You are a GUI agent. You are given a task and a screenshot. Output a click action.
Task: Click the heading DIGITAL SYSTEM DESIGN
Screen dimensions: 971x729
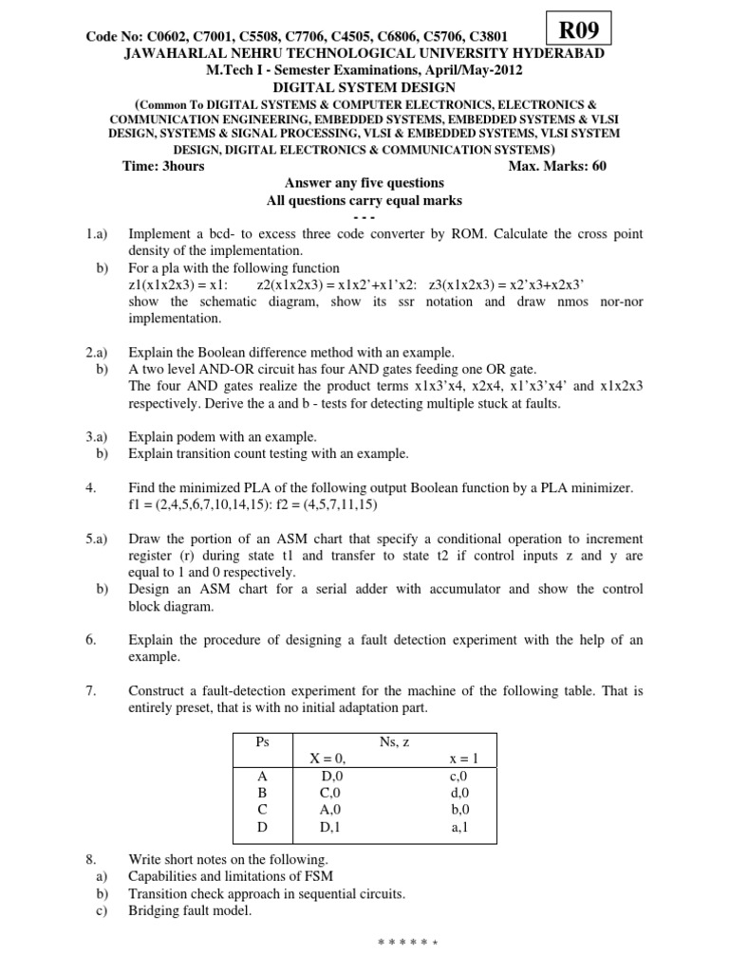click(364, 87)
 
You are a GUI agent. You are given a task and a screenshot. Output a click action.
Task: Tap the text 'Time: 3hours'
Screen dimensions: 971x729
click(163, 166)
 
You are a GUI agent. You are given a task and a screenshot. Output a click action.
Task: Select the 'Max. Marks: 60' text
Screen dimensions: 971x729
click(557, 166)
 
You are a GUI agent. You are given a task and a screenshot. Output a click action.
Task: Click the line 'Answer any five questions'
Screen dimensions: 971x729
click(364, 183)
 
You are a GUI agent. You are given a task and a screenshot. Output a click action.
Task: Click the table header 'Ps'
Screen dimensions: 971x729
click(264, 742)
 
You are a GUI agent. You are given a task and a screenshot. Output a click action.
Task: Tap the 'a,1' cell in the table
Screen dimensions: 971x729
click(459, 827)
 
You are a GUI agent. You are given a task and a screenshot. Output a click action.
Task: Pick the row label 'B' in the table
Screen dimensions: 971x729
click(264, 793)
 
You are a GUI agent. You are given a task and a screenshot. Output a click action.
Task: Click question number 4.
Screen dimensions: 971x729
click(91, 487)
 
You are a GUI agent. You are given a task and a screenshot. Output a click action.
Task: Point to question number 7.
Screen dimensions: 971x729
click(91, 691)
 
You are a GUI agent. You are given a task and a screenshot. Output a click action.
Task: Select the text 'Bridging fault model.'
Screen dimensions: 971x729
click(190, 910)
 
